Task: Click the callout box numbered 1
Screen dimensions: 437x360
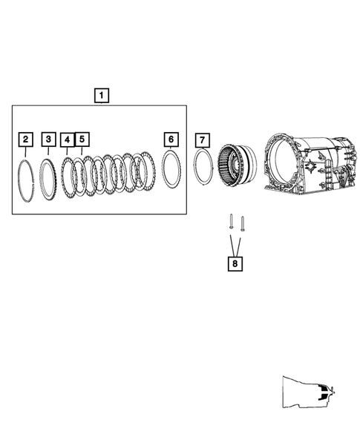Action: click(x=100, y=95)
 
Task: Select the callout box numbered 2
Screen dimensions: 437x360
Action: click(x=26, y=139)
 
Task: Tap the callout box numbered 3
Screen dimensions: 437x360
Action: click(x=48, y=139)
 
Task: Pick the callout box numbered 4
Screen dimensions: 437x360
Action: click(x=67, y=139)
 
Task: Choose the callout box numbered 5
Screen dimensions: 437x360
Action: click(x=82, y=139)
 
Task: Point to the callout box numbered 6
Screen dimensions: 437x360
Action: click(x=171, y=139)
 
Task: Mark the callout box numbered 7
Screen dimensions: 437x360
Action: click(x=201, y=139)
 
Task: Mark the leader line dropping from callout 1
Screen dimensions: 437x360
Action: click(x=100, y=104)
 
